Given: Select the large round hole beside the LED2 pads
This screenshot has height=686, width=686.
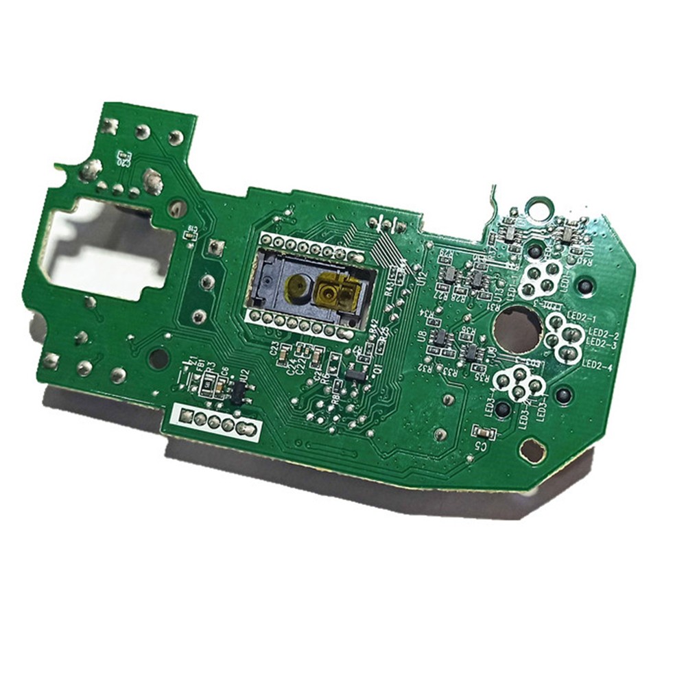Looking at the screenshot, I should pos(517,328).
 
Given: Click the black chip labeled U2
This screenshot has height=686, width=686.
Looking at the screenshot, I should pos(237,391).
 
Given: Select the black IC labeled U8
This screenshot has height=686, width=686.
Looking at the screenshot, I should pos(440,336).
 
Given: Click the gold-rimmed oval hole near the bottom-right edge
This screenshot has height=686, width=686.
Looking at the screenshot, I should pos(532,451).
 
